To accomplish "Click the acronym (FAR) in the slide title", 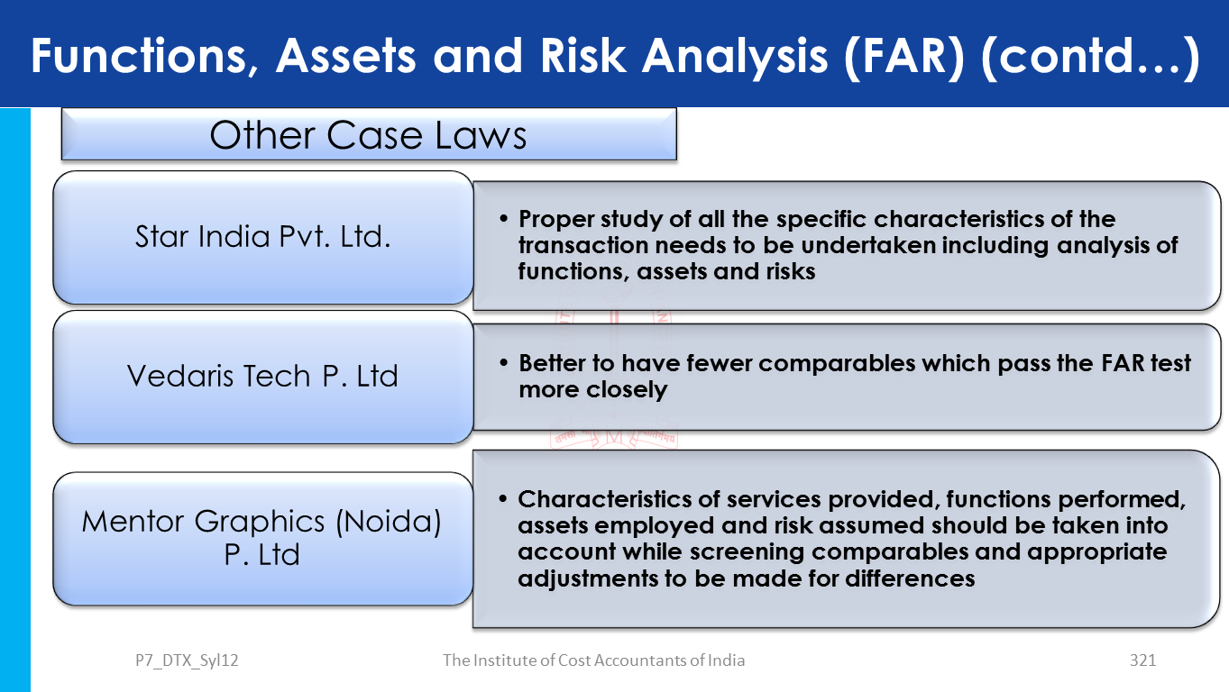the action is (904, 56).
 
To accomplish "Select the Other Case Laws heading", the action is (368, 135).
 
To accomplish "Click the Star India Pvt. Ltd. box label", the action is (262, 237).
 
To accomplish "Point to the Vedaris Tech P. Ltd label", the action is (262, 376).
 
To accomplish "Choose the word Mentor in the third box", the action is (133, 521).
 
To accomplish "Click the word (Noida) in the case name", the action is (389, 522).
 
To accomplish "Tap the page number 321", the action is (1142, 660).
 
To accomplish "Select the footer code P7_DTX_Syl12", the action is (187, 660).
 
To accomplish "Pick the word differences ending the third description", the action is (910, 578).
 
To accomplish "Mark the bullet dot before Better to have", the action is (504, 363).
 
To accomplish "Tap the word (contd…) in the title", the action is (1090, 56).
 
